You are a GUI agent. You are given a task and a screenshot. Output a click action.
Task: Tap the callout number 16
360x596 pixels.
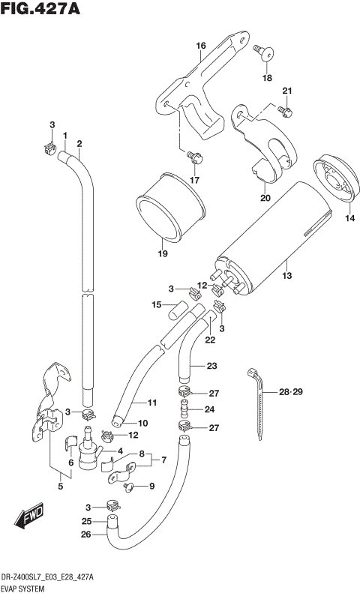(x=200, y=46)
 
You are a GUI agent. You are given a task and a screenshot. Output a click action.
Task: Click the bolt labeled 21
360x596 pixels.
(x=283, y=111)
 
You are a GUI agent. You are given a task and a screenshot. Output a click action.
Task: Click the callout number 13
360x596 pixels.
(x=286, y=276)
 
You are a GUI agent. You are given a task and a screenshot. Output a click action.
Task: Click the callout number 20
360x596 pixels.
(x=264, y=198)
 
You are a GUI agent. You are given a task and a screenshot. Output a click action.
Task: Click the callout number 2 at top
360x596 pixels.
(x=79, y=143)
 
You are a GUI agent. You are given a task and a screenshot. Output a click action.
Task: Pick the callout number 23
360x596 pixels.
(x=211, y=365)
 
